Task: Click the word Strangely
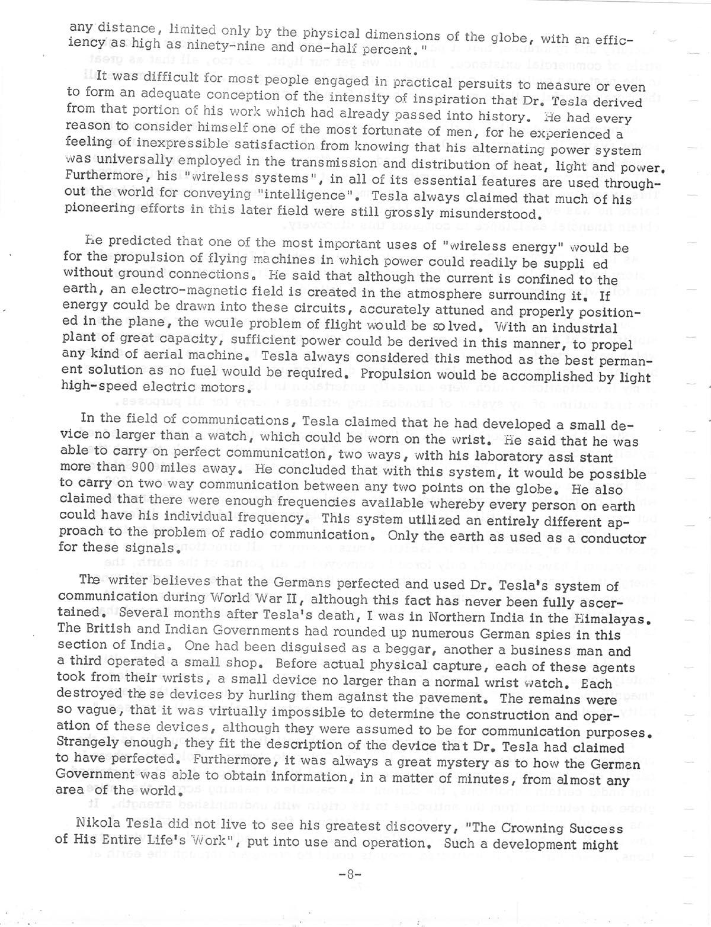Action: pyautogui.click(x=82, y=742)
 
